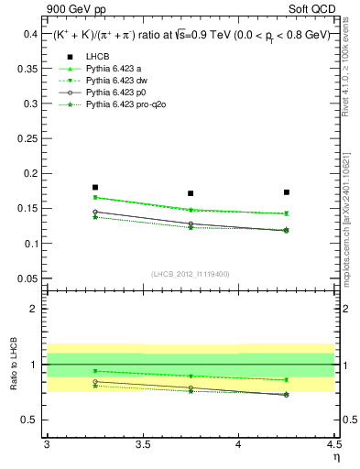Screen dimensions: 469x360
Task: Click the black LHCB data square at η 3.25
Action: (x=95, y=187)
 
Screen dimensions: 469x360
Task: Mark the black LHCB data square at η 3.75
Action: (x=191, y=193)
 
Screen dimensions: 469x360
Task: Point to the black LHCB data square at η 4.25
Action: (x=287, y=192)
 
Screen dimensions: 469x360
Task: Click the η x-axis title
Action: (x=335, y=455)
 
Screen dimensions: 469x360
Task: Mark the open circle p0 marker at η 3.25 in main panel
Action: (x=95, y=212)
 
